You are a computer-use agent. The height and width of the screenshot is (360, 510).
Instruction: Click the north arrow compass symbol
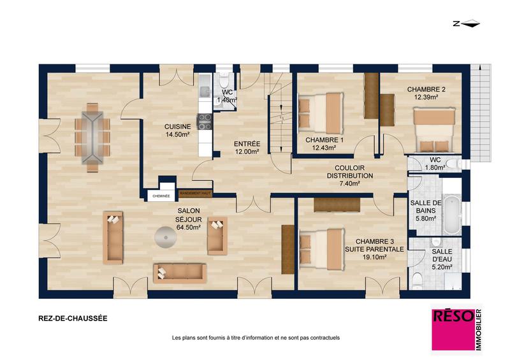coord(465,24)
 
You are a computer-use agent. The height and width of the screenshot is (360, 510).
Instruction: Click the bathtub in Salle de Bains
coord(452,214)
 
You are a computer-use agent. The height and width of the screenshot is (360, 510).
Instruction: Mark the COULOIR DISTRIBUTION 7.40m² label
coord(350,176)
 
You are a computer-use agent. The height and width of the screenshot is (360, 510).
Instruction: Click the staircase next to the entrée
coord(278,121)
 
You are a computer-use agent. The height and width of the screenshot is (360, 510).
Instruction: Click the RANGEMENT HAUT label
coord(195,192)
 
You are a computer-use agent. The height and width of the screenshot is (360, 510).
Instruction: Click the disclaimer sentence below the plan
coord(256,337)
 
